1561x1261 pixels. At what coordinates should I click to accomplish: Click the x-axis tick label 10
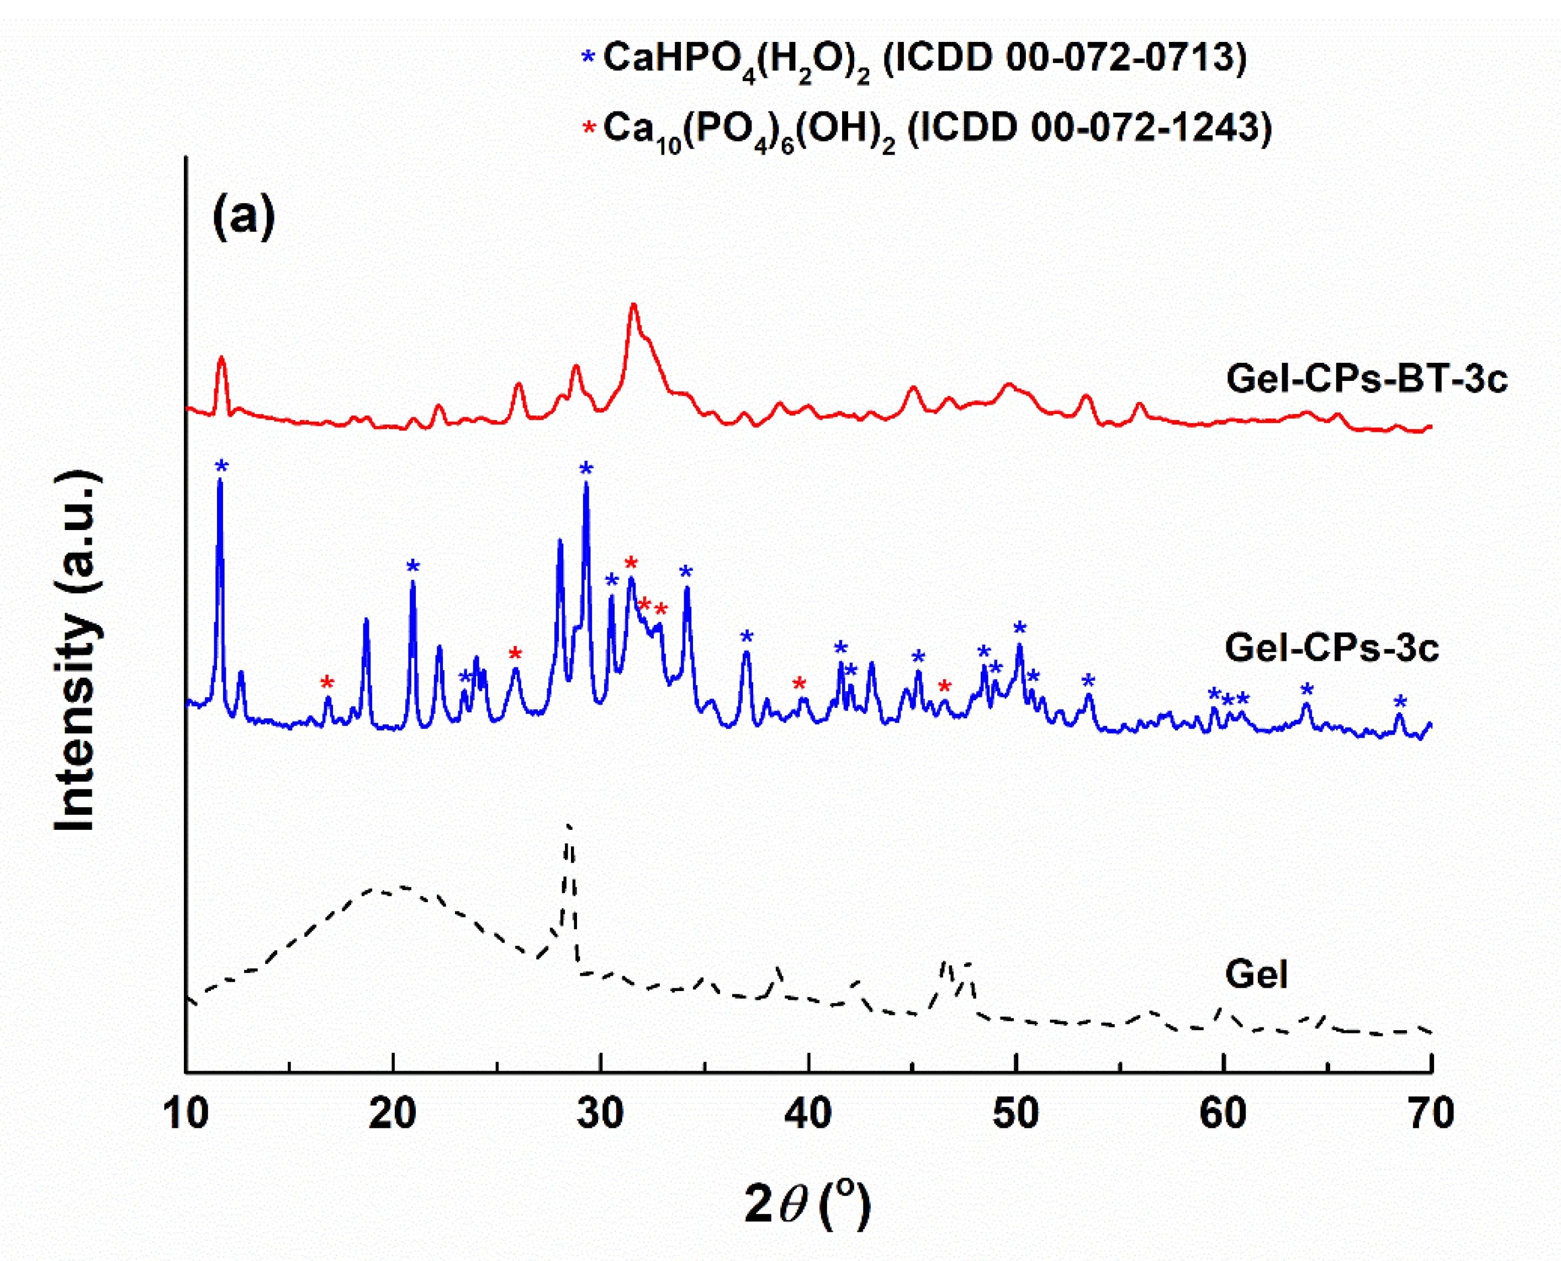(187, 1114)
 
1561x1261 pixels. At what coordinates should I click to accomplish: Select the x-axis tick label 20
(393, 1114)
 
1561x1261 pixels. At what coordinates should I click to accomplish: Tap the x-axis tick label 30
(601, 1114)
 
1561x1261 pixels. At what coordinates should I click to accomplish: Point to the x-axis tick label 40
(808, 1114)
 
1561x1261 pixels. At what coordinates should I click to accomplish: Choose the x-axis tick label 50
(1016, 1114)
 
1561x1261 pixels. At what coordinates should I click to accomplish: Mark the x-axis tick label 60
(1223, 1114)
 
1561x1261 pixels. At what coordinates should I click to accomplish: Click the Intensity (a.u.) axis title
(76, 651)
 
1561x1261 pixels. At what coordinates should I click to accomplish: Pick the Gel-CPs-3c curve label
(1331, 647)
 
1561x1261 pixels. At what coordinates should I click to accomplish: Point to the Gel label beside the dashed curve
(1257, 974)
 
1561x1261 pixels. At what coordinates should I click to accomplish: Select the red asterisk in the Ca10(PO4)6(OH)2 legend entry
(589, 128)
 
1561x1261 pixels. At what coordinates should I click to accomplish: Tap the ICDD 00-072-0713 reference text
(1064, 58)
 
